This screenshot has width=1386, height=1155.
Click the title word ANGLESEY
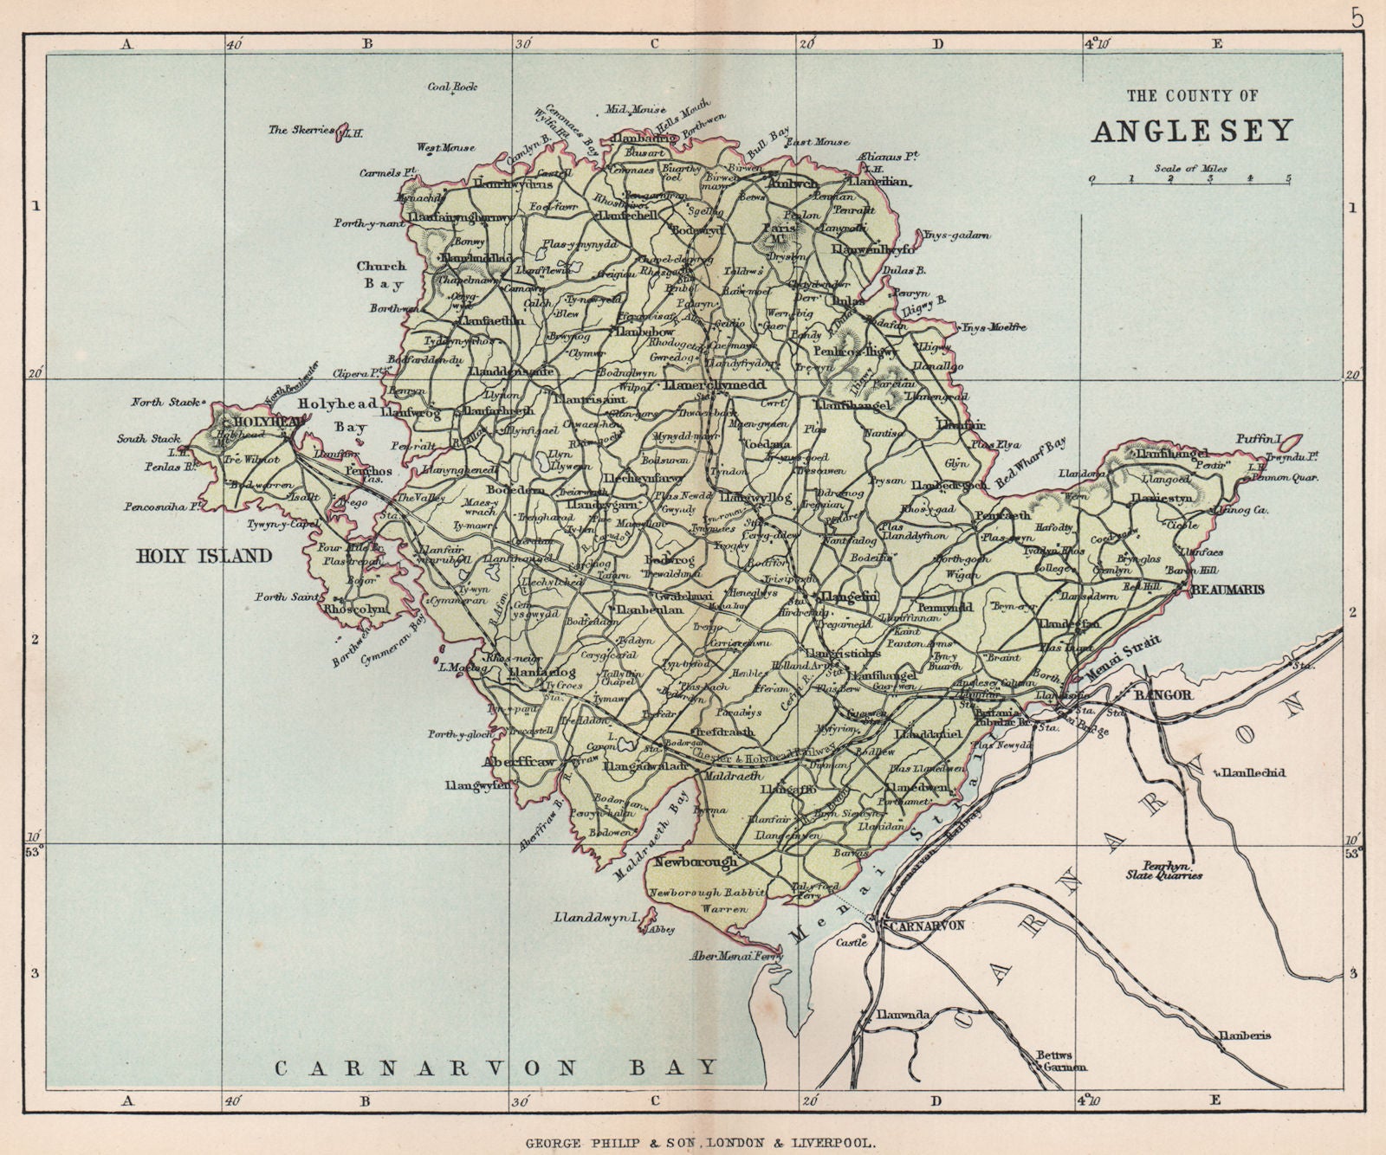click(1192, 130)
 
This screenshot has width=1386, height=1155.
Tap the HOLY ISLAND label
click(204, 556)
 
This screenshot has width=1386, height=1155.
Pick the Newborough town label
click(696, 862)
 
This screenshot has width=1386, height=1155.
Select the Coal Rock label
click(452, 87)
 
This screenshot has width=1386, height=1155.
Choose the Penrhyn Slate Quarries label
click(1171, 869)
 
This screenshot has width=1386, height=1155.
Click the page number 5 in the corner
click(1357, 17)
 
